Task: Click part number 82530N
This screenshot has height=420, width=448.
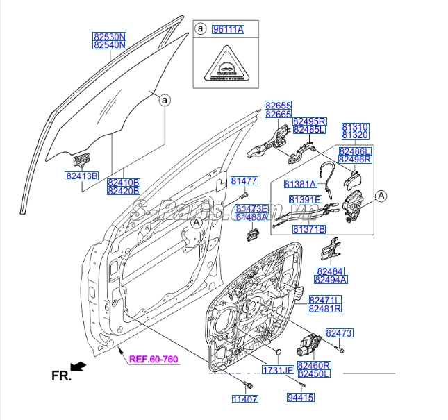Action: coord(110,35)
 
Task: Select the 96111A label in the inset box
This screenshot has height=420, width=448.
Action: coord(227,29)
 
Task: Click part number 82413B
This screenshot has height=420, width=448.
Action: coord(83,175)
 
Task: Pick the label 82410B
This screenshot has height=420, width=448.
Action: coord(124,182)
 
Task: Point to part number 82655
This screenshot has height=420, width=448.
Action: coord(278,106)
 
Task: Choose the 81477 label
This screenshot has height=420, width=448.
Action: coord(244,181)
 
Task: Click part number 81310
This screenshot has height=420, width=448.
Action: coord(355,128)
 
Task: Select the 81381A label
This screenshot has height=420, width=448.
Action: coord(300,185)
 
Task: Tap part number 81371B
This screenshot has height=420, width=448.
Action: coord(309,228)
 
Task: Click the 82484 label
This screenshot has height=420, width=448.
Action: coord(331,271)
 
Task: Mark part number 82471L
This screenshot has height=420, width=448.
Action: coord(324,300)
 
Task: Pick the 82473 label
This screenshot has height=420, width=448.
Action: coord(340,333)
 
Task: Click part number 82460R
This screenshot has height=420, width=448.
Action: coord(314,365)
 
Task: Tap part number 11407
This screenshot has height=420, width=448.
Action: coord(244,399)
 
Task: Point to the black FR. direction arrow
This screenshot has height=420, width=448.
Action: coord(78,365)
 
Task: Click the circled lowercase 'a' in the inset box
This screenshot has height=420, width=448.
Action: coord(200,29)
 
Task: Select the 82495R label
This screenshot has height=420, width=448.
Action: coord(309,121)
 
